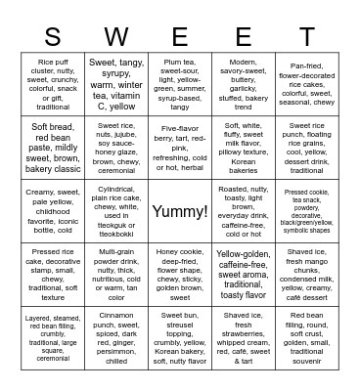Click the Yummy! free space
pos(180,211)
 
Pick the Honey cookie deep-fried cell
pos(180,275)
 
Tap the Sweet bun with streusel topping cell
pos(180,337)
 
